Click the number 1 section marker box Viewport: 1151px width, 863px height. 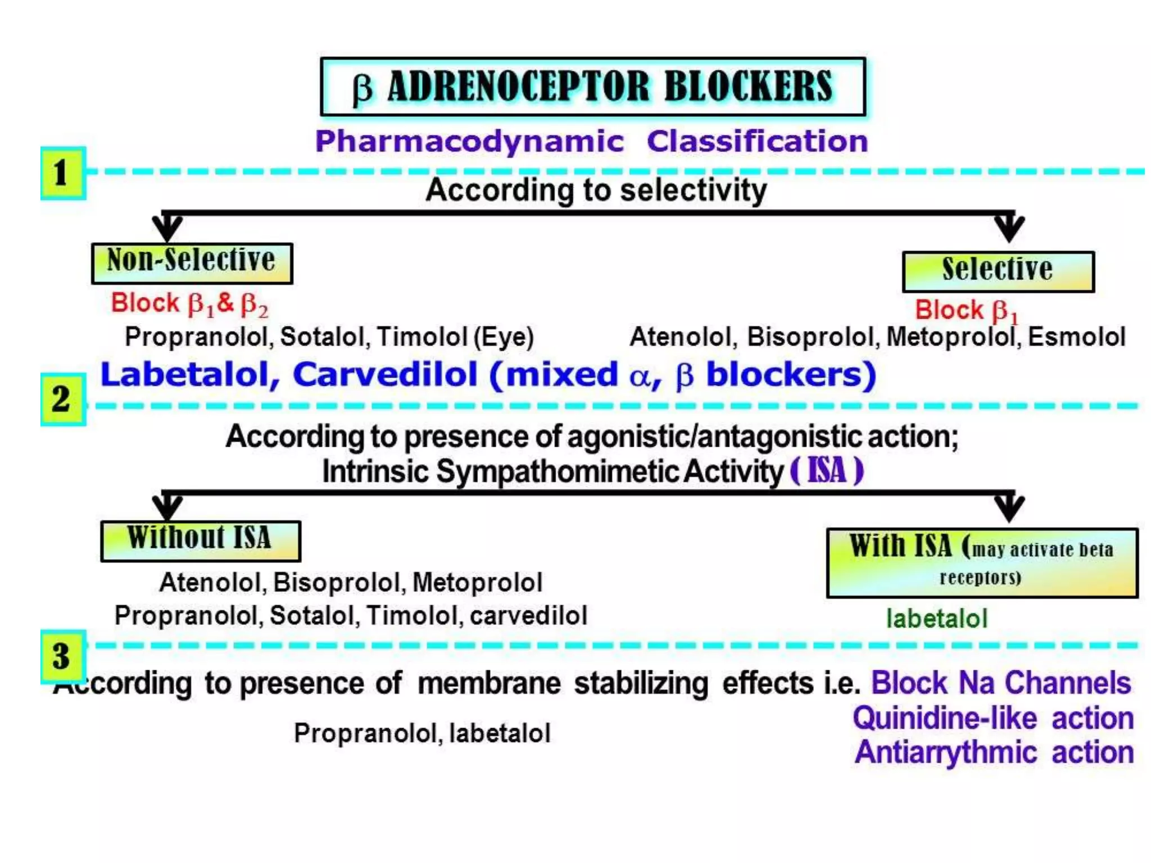(63, 173)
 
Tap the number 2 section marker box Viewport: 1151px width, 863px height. (63, 399)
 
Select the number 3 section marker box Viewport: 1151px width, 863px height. (63, 656)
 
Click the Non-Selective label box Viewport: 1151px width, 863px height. (192, 263)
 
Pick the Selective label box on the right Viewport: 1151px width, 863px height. (998, 271)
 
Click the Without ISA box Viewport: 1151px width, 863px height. (200, 540)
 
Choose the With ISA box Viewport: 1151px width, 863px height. (981, 562)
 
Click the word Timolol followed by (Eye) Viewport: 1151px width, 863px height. (422, 337)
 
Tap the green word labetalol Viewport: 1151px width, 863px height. (936, 619)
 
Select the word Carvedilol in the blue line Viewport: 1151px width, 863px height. (385, 375)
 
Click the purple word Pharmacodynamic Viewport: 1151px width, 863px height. (469, 141)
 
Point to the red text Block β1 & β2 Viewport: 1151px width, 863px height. (189, 303)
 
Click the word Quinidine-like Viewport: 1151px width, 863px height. (944, 718)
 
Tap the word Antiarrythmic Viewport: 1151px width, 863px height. (945, 752)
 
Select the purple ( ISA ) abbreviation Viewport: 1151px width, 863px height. (826, 471)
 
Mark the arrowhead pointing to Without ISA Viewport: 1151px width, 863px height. (167, 508)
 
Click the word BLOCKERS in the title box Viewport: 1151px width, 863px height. (748, 87)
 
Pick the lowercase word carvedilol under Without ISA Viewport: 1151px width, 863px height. (528, 616)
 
